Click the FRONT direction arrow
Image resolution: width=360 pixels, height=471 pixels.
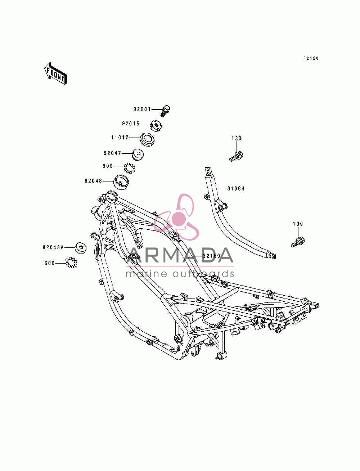(55, 73)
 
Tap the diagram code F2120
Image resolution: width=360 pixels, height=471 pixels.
(311, 58)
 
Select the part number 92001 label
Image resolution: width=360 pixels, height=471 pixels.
(142, 109)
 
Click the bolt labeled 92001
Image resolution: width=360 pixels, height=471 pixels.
(165, 111)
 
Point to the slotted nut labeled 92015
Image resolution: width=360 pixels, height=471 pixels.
(156, 126)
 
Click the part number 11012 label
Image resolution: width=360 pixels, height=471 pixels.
(120, 137)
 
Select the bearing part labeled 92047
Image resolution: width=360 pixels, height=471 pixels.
(138, 155)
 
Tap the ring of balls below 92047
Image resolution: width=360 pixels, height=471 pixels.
(130, 168)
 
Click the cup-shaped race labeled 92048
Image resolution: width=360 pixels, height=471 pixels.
(121, 182)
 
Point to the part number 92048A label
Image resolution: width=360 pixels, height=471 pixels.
(53, 247)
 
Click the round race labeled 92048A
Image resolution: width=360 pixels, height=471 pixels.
(81, 247)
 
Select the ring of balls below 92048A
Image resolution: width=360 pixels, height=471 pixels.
(71, 263)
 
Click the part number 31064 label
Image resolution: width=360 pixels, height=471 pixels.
(236, 189)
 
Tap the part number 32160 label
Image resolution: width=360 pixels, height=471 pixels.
(212, 256)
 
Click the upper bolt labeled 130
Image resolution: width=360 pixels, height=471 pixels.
(236, 156)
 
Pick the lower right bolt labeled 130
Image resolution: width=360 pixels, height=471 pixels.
(298, 242)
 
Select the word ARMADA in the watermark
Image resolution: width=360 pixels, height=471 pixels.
(180, 255)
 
